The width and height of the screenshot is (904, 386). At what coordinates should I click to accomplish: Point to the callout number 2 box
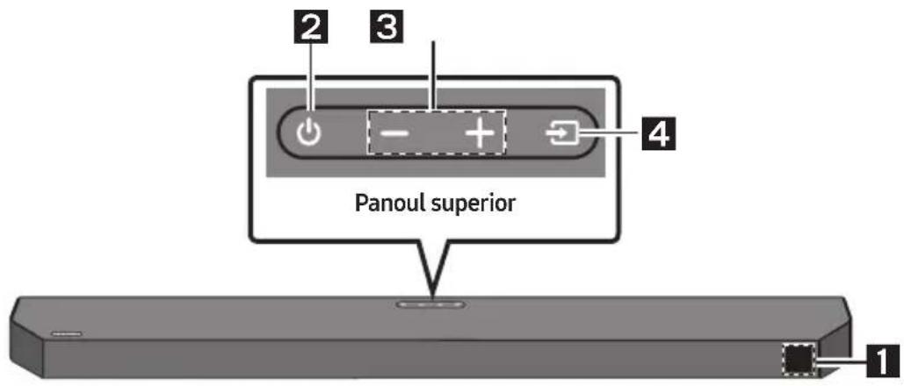coord(312,26)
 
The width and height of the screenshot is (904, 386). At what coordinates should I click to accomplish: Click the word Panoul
coord(387,204)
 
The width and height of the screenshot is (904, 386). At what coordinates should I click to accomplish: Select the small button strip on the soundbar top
coord(431,303)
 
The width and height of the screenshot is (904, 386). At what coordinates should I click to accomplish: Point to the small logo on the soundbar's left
coord(67,333)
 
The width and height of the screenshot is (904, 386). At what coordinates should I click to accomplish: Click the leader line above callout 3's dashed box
coord(434,75)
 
